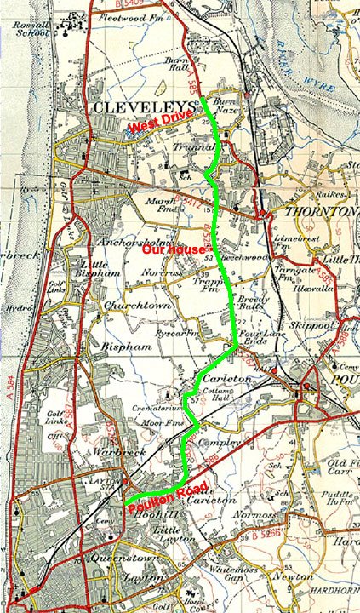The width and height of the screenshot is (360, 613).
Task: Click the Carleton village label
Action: [x=220, y=376]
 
